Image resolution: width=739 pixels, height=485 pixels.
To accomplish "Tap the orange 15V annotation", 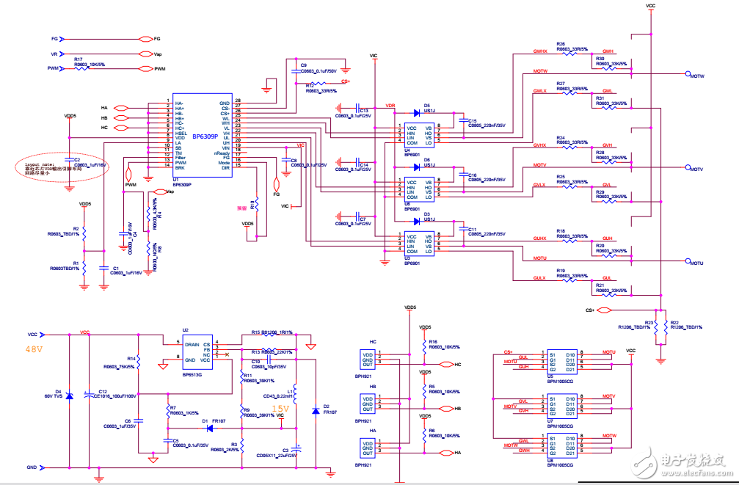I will click(x=281, y=408).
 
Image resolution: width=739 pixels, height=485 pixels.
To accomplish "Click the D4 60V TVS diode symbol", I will click(x=69, y=396).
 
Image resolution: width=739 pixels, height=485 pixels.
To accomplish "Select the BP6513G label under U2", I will click(x=192, y=374).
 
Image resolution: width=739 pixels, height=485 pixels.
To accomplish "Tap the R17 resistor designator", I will click(x=78, y=58).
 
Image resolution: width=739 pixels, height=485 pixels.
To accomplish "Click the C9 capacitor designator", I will click(x=304, y=65).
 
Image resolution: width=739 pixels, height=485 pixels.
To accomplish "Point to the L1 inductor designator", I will click(x=290, y=392).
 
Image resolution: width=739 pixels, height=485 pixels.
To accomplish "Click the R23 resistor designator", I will click(x=649, y=321).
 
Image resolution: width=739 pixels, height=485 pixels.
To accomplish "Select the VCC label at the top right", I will click(x=650, y=5).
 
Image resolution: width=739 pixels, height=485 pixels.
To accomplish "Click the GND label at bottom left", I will click(x=32, y=467).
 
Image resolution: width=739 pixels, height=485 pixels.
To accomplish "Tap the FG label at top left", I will click(x=54, y=38).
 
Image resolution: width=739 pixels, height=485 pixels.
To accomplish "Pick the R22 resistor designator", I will click(x=674, y=321).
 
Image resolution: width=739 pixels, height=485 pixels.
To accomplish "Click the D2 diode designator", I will click(x=327, y=406).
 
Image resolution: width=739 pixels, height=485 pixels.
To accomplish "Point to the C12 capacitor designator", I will click(x=103, y=392).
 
